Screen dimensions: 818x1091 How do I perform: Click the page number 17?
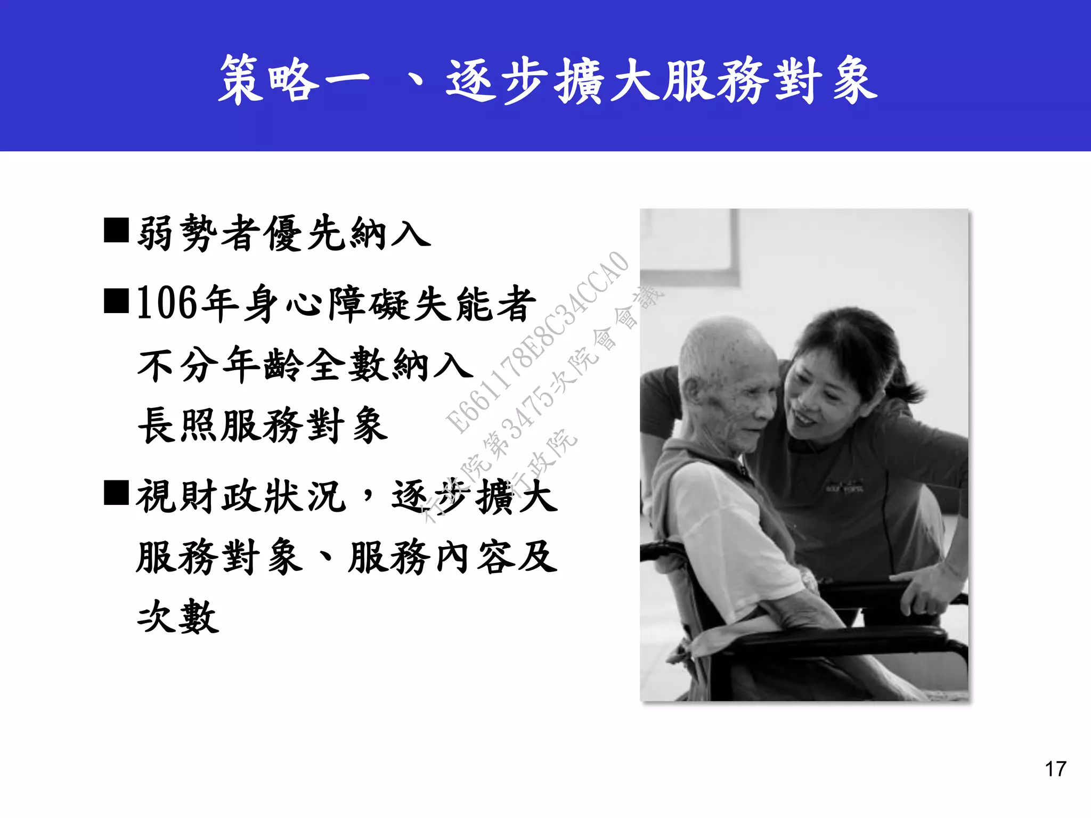pos(1055,769)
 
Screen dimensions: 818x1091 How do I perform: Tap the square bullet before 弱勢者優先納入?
pos(116,230)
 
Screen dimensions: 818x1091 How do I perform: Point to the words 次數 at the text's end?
pos(178,617)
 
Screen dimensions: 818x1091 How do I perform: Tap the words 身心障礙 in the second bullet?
pos(328,304)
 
